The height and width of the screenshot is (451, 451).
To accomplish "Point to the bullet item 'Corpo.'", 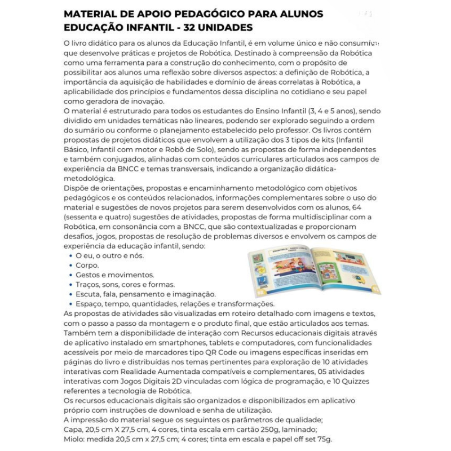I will coord(87,265).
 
